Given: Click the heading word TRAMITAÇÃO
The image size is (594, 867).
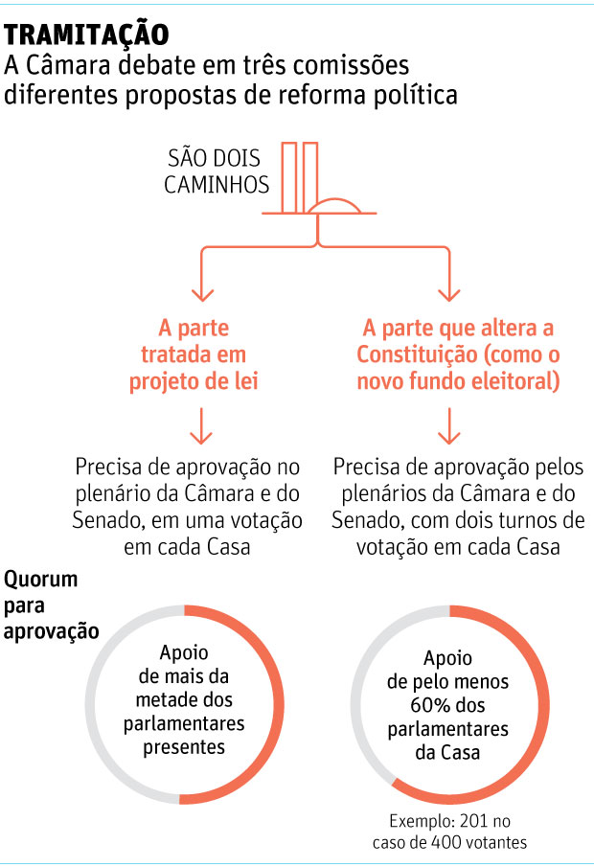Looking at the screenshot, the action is [x=86, y=34].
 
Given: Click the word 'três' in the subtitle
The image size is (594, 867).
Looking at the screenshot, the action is [x=256, y=65].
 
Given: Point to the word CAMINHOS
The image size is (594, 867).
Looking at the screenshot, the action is [x=217, y=185].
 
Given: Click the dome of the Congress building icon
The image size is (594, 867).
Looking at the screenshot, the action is [x=334, y=205].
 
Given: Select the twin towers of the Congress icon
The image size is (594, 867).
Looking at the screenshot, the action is [x=299, y=177].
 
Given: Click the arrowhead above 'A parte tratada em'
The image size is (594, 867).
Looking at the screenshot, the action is [x=202, y=294].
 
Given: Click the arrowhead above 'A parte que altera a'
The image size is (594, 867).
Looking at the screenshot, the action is [x=448, y=294].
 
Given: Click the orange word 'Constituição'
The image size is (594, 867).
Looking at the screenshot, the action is [x=417, y=354].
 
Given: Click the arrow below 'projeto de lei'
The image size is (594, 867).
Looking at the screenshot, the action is [x=201, y=426].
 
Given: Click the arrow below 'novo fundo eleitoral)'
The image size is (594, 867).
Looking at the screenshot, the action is [x=448, y=426].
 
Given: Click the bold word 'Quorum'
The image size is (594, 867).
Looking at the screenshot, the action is [x=41, y=580].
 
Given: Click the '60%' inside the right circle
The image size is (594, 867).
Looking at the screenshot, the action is [x=424, y=705].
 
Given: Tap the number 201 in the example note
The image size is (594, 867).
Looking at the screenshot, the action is [x=473, y=821].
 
